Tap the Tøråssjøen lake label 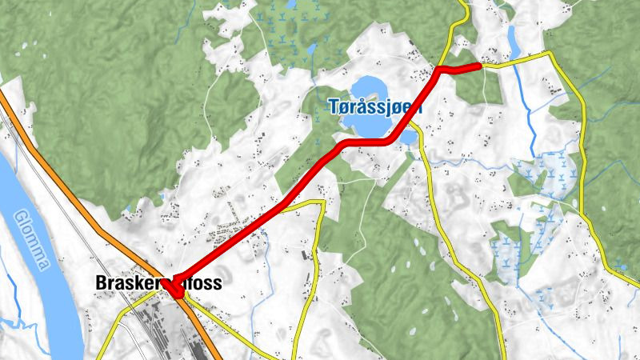[x=375, y=106]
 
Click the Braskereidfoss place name [x=158, y=283]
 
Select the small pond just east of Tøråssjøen [x=409, y=138]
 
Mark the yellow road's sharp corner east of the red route [x=322, y=203]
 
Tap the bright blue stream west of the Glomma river [x=10, y=288]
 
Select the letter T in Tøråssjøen [x=333, y=106]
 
